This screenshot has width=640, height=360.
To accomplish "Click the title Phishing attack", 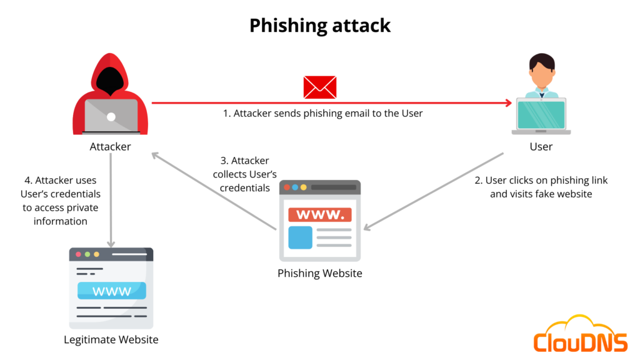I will pos(319,26).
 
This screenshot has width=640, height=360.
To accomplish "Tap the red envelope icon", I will pos(319,87).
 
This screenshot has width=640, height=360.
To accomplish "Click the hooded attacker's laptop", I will pos(111,116).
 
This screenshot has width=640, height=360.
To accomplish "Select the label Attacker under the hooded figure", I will pos(110,147).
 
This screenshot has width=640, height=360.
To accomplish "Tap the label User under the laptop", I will pos(541,147).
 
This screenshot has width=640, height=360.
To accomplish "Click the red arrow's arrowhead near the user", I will pos(507,103).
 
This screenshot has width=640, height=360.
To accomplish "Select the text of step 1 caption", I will pos(322,114).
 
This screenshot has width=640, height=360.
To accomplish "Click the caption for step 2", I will pos(541,187).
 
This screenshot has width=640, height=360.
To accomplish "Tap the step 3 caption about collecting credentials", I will pos(244,174).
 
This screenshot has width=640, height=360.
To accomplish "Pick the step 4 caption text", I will pos(61,200).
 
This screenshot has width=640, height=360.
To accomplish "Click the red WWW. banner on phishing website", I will pos(320,215).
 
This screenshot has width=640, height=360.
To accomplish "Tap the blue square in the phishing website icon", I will pos(300,237).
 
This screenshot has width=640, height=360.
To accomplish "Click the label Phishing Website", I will pos(319,274).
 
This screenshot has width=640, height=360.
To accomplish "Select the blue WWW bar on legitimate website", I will pos(111,291).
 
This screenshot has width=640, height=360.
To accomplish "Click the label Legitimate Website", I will pos(111,340).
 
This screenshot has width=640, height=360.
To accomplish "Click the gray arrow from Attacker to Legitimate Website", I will pos(111,200).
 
